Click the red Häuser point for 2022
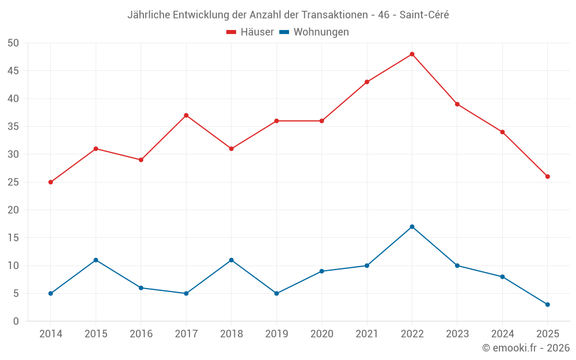412,54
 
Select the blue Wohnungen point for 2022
412,226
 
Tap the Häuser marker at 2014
51,182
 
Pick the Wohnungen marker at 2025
547,304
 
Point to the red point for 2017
186,115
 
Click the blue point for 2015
96,260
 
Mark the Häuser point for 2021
367,82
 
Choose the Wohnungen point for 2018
231,260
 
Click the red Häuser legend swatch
232,32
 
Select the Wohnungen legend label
321,32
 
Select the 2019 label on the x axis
276,334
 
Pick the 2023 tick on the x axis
457,334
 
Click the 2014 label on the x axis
51,334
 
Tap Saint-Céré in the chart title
424,15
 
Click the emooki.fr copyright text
525,348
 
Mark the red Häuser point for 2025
547,176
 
